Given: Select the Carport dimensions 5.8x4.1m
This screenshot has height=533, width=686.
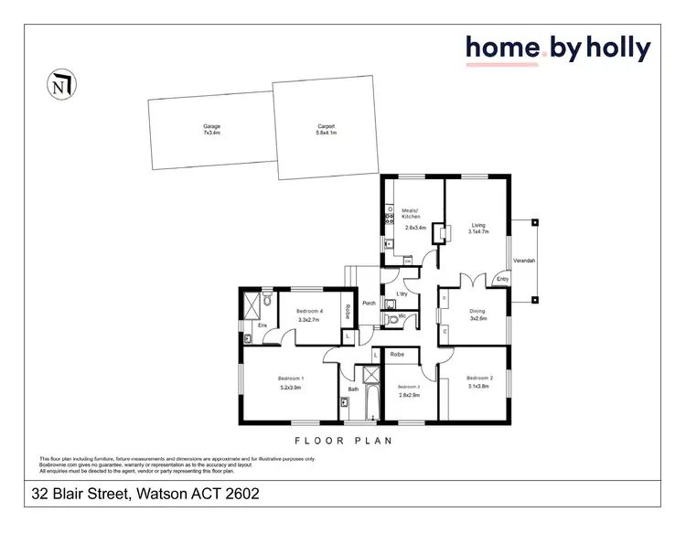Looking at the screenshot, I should (x=327, y=133).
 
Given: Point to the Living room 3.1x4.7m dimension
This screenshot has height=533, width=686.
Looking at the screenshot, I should (x=479, y=232).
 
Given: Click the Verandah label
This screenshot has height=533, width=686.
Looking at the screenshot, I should (x=524, y=261).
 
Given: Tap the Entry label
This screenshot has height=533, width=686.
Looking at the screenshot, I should (x=502, y=279).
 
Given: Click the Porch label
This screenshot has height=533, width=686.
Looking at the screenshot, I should (x=370, y=303).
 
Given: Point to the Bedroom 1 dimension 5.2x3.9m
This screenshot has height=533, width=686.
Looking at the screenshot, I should (x=291, y=387).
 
